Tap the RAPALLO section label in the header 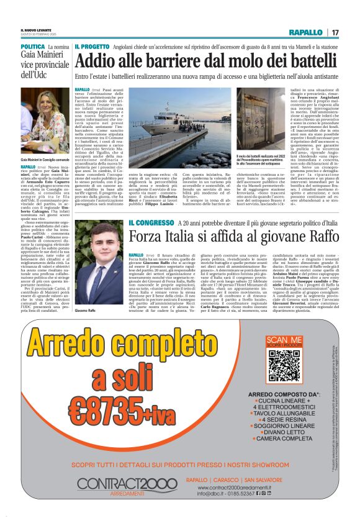(305, 32)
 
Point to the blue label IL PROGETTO (92, 47)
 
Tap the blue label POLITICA (33, 47)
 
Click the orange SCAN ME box (284, 340)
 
